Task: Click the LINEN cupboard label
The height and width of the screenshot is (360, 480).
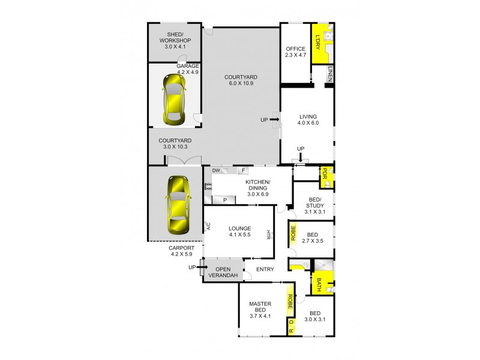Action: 330,74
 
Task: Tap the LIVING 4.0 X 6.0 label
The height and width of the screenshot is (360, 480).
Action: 307,119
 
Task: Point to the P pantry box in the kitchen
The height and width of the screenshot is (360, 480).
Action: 224,200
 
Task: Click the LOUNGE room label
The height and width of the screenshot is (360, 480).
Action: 239,232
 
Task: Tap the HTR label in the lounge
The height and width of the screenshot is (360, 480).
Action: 269,234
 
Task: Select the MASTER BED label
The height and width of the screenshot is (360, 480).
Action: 260,308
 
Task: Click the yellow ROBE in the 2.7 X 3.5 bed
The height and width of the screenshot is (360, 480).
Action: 293,233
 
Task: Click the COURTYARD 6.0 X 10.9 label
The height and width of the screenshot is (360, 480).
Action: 241,80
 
